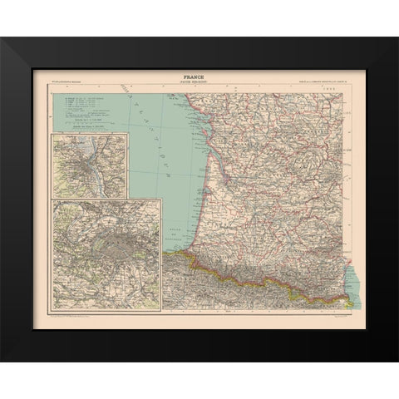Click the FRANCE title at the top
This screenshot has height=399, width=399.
199,74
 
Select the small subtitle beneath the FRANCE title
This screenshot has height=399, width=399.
199,81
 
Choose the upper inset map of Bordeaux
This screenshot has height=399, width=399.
89,165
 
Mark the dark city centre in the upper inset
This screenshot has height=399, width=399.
84,160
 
